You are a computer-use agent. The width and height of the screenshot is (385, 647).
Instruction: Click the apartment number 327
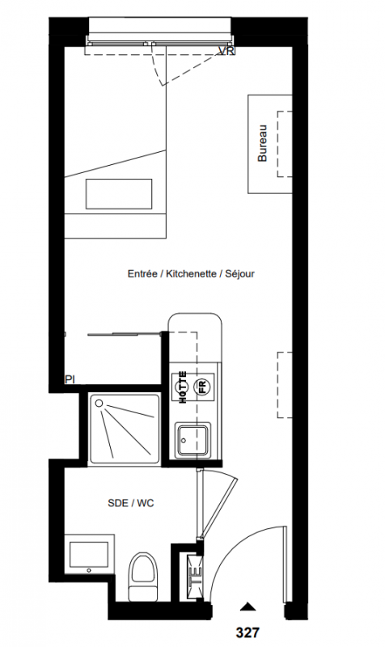(247, 632)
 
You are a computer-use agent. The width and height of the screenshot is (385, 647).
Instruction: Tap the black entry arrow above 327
(247, 606)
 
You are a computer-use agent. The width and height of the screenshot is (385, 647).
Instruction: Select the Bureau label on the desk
(262, 143)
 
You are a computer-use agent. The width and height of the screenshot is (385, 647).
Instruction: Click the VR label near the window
(226, 51)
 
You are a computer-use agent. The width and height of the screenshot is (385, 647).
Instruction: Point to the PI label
(70, 379)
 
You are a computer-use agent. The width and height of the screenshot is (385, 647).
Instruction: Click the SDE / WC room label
(131, 503)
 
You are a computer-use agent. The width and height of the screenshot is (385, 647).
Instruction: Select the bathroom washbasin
(89, 555)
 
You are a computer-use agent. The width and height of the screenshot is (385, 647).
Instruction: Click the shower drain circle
(99, 403)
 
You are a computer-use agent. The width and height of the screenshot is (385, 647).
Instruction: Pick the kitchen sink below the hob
(193, 441)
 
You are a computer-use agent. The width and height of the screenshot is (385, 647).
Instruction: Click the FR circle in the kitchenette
(202, 387)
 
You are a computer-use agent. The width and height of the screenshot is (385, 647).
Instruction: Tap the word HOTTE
(183, 387)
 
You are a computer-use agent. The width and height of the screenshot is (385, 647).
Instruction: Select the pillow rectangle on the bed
(119, 194)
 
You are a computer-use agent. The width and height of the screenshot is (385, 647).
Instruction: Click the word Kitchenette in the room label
(191, 273)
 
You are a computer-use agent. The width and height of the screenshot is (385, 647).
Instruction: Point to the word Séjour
(239, 274)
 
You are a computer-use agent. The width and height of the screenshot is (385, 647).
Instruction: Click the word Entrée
(142, 273)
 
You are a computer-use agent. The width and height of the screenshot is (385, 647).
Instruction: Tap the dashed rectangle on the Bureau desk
(286, 144)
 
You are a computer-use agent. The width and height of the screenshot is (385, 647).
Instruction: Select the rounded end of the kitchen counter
(195, 322)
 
